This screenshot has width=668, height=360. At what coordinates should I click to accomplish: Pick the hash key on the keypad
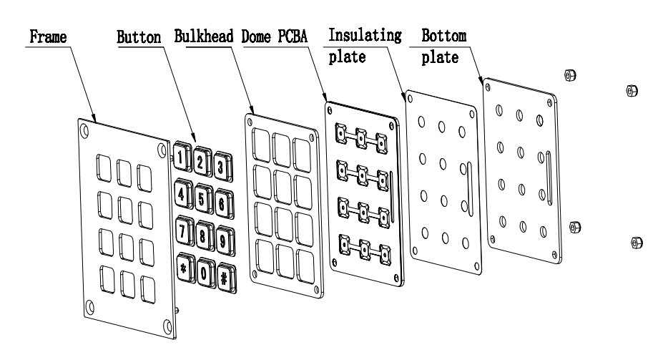tap(225, 278)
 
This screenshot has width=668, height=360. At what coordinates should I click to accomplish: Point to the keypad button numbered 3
tap(222, 167)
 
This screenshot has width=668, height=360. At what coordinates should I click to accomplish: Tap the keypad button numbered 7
tap(182, 231)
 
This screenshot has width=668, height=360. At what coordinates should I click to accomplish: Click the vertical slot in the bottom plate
tap(548, 177)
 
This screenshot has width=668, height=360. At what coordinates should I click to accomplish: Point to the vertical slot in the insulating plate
tap(466, 188)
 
